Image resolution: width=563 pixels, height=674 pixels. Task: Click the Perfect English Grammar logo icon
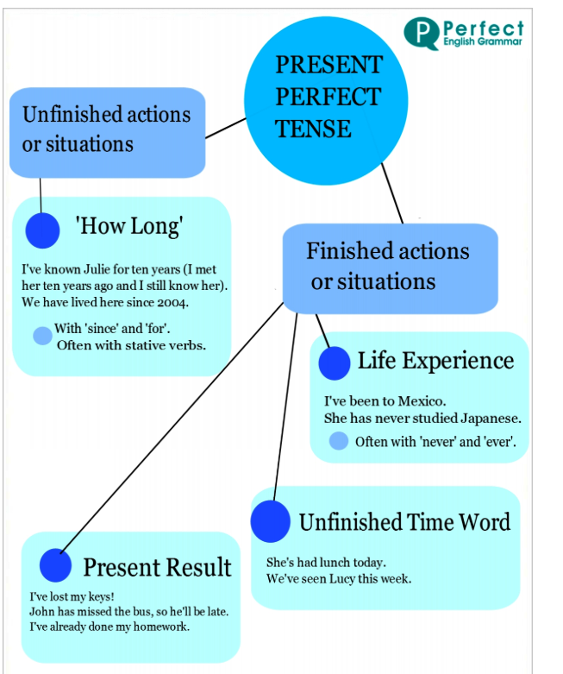click(422, 34)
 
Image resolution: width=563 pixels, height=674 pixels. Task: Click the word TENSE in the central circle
click(313, 129)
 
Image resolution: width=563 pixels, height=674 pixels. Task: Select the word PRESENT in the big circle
click(329, 65)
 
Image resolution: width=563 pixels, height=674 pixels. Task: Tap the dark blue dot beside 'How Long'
click(42, 230)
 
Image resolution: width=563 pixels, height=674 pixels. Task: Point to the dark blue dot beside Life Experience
click(335, 363)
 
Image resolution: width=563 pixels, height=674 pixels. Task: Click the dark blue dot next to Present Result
click(55, 565)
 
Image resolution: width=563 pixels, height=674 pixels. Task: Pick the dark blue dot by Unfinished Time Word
click(271, 521)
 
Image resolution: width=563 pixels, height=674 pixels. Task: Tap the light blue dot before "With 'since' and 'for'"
click(42, 336)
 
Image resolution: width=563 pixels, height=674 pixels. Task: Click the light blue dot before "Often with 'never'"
click(338, 441)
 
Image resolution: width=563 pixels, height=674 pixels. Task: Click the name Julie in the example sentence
click(97, 269)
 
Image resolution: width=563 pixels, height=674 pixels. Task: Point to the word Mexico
click(422, 401)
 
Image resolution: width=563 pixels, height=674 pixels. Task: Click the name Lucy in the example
click(341, 579)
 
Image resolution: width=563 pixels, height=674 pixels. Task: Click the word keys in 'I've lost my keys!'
click(102, 597)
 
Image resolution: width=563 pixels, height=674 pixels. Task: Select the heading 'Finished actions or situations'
click(387, 266)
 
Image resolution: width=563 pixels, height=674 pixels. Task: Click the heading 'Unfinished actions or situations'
click(106, 129)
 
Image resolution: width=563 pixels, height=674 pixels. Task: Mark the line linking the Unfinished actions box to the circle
click(225, 128)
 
